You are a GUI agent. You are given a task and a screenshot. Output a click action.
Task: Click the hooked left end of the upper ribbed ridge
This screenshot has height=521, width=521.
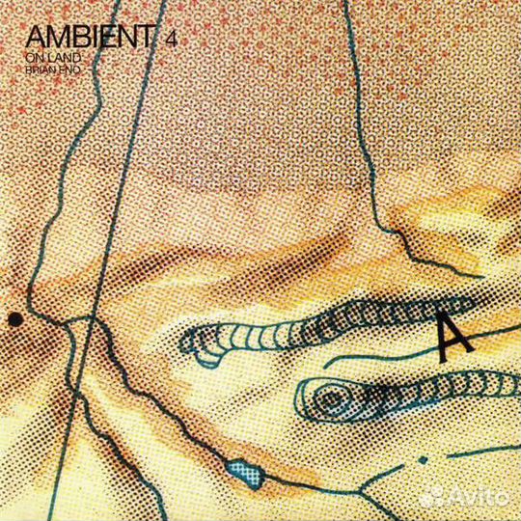point(193,338)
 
